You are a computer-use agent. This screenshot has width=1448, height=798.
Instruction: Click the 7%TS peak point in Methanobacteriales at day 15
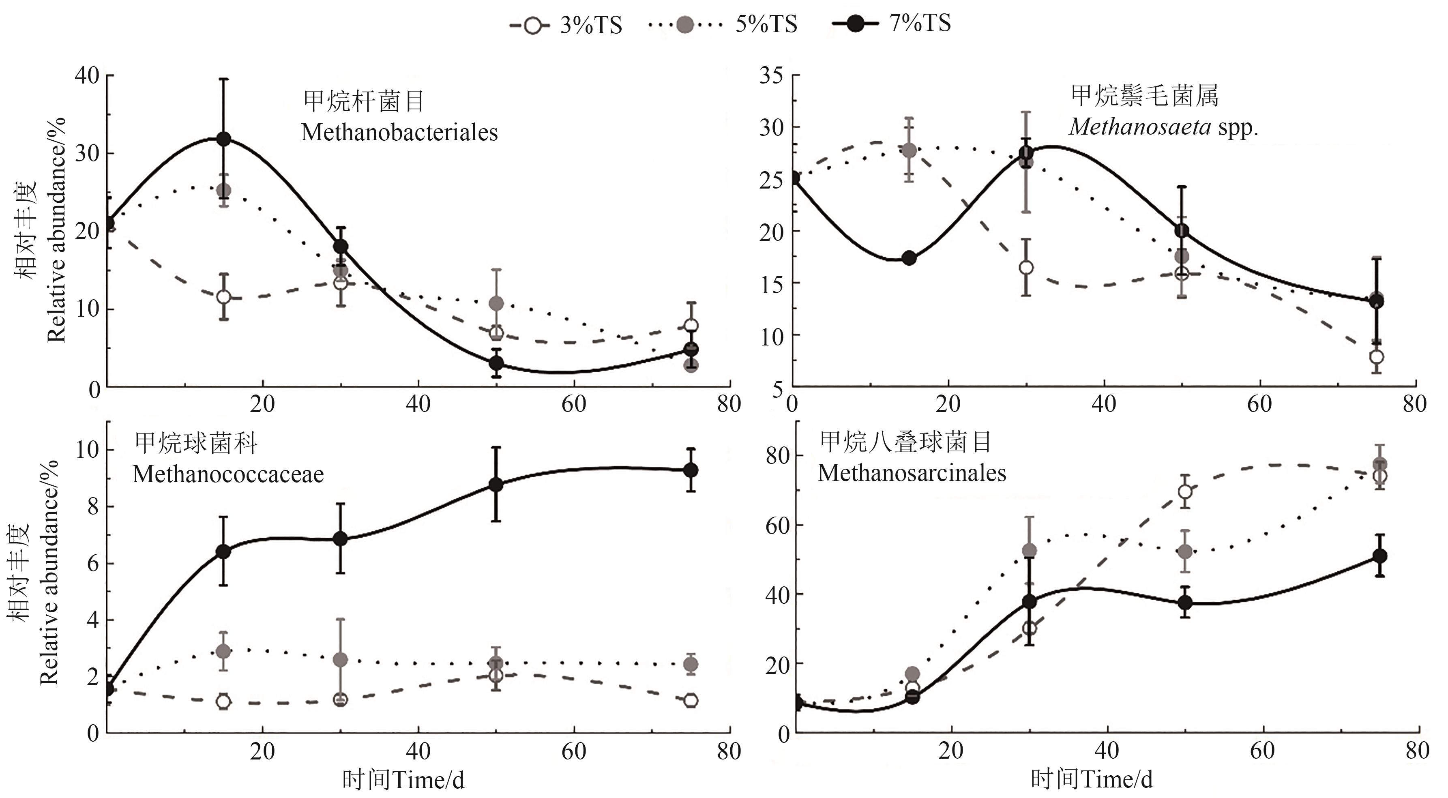point(224,139)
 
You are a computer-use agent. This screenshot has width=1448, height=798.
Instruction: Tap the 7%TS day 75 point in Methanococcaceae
point(691,470)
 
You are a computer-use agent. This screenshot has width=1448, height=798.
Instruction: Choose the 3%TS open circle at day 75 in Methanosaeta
point(1377,357)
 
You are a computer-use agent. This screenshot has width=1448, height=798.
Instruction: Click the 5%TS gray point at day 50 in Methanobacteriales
point(496,303)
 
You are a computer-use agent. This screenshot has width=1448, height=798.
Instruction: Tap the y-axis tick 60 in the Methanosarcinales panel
point(777,525)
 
